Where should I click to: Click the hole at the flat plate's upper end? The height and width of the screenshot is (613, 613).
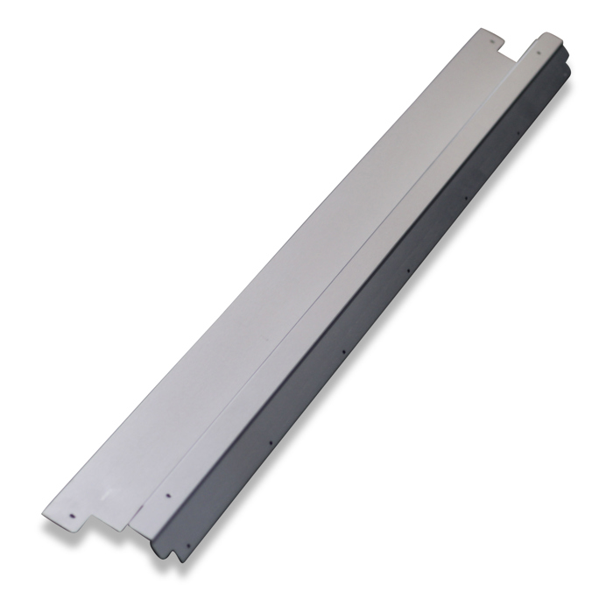(x=492, y=39)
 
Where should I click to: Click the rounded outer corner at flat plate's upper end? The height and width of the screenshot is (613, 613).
(x=481, y=31)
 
